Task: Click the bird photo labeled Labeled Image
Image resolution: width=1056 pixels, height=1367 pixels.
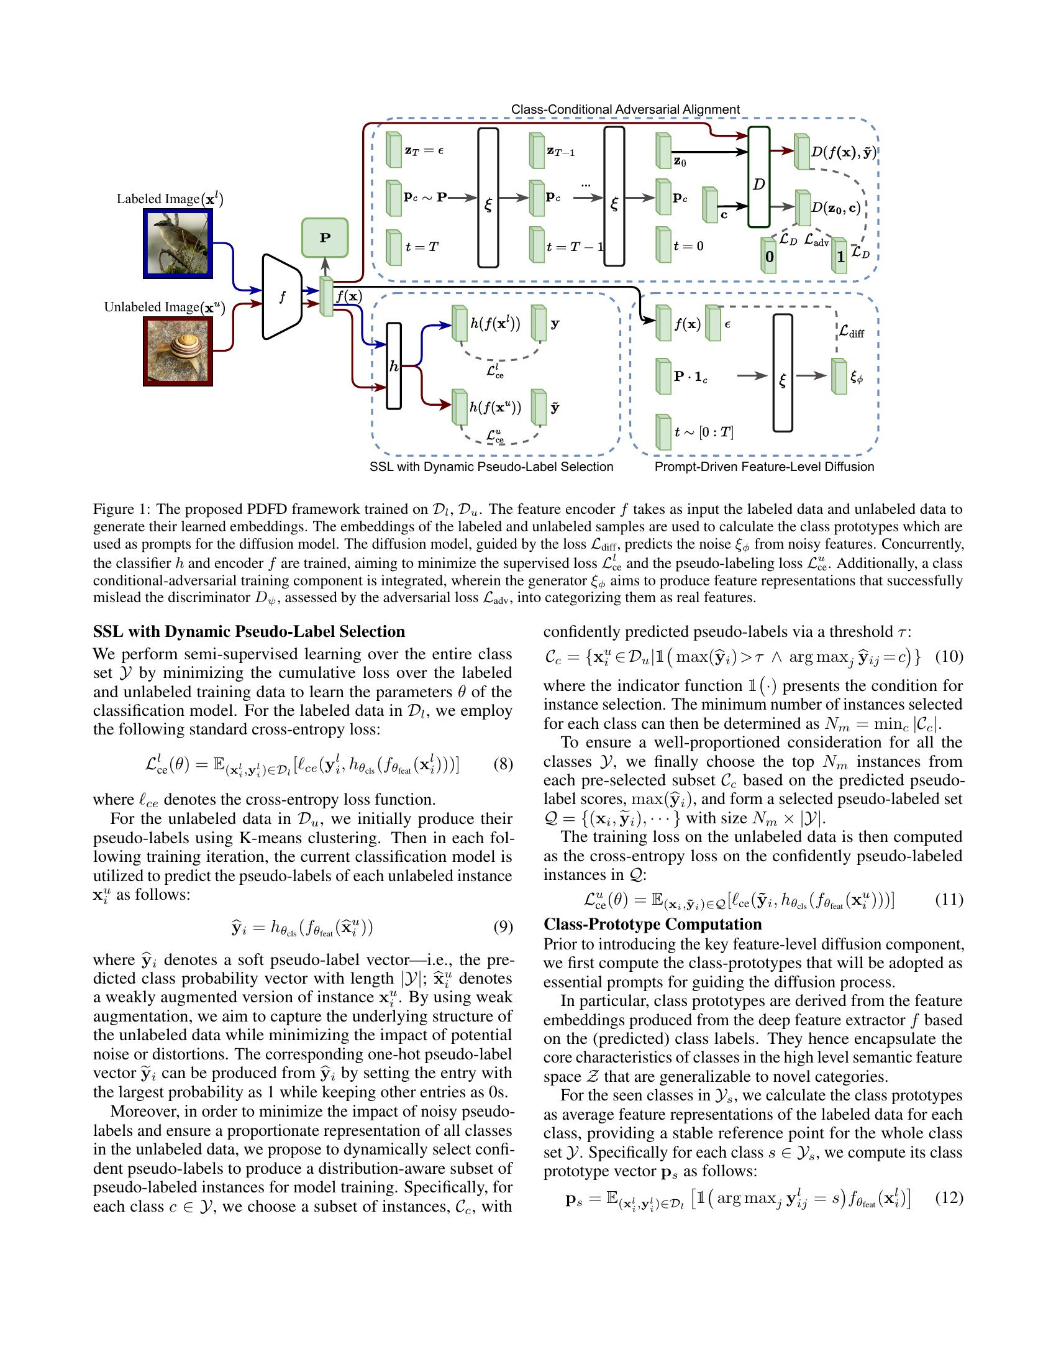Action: pos(178,244)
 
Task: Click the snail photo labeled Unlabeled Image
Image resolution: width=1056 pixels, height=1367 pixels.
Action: pos(178,351)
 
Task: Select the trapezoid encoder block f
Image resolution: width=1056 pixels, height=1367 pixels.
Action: pos(282,296)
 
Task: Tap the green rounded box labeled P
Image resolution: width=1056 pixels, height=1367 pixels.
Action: pos(325,238)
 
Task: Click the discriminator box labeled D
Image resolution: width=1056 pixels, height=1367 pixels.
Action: pos(758,177)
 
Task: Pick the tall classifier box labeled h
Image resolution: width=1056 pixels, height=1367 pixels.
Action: pos(393,366)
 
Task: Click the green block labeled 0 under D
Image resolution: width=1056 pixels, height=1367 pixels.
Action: pos(769,256)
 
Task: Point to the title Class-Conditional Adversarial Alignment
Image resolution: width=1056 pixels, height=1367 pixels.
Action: pos(625,109)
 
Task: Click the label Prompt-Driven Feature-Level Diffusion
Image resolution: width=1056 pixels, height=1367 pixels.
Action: pos(764,467)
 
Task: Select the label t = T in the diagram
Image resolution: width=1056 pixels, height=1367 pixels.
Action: pos(422,247)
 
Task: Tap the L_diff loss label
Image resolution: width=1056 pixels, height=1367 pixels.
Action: pos(852,332)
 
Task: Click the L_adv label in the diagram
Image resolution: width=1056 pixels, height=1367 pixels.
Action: pos(816,240)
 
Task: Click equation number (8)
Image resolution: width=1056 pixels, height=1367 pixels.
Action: pos(503,764)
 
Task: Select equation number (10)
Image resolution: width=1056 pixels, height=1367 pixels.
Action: pos(949,657)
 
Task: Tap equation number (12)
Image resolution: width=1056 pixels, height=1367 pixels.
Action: pos(949,1198)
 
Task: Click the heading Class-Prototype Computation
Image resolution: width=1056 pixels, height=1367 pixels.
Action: pos(652,925)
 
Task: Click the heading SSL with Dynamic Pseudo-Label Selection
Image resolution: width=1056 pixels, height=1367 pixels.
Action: pos(249,631)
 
